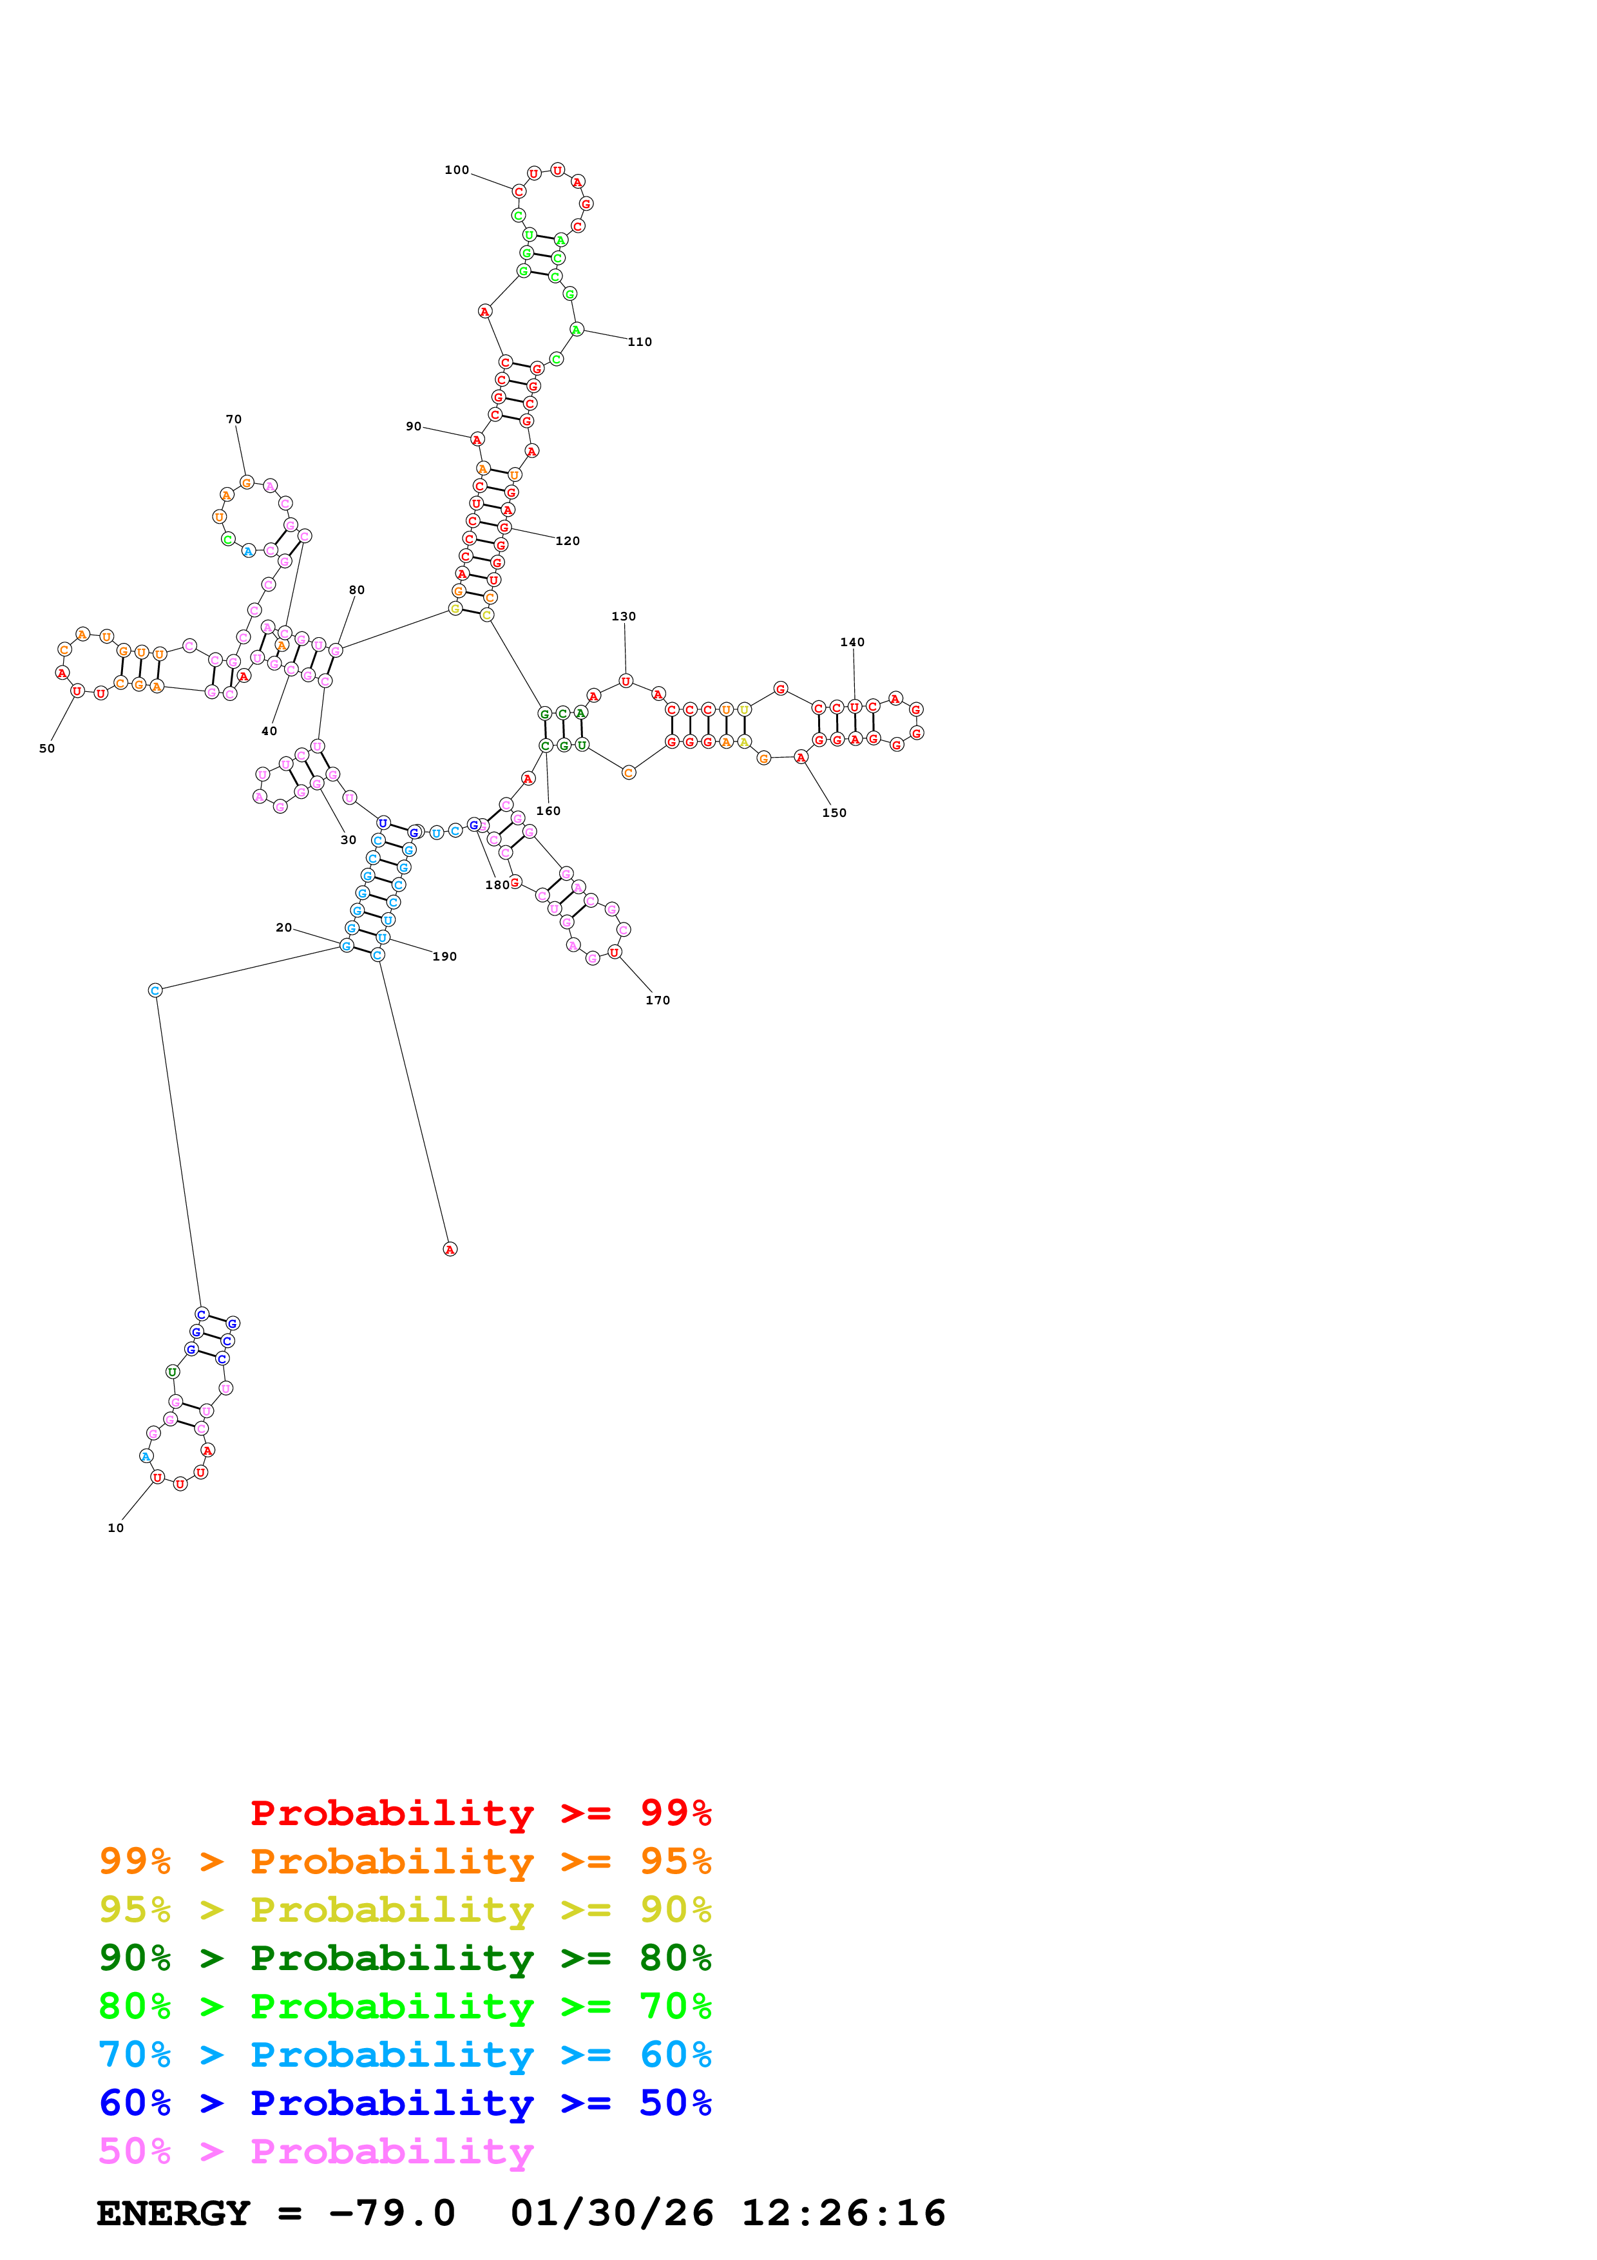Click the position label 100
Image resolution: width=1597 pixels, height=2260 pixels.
point(457,170)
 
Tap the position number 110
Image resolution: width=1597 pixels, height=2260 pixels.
point(640,343)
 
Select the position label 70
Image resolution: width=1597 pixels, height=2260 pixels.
point(233,419)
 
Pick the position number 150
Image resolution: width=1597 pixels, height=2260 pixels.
point(834,813)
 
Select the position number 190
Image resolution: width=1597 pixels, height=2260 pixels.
point(445,957)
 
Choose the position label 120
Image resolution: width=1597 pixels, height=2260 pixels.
point(568,541)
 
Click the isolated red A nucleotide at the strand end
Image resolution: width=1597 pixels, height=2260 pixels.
point(450,1249)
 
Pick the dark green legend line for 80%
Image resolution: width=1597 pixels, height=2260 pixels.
point(405,1958)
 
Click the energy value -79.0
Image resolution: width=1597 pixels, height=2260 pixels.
point(392,2213)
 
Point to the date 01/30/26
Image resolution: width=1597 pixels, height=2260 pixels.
point(612,2213)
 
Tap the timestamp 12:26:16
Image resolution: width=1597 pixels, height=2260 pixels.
point(843,2213)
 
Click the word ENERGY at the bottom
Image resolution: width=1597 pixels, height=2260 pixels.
point(173,2213)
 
